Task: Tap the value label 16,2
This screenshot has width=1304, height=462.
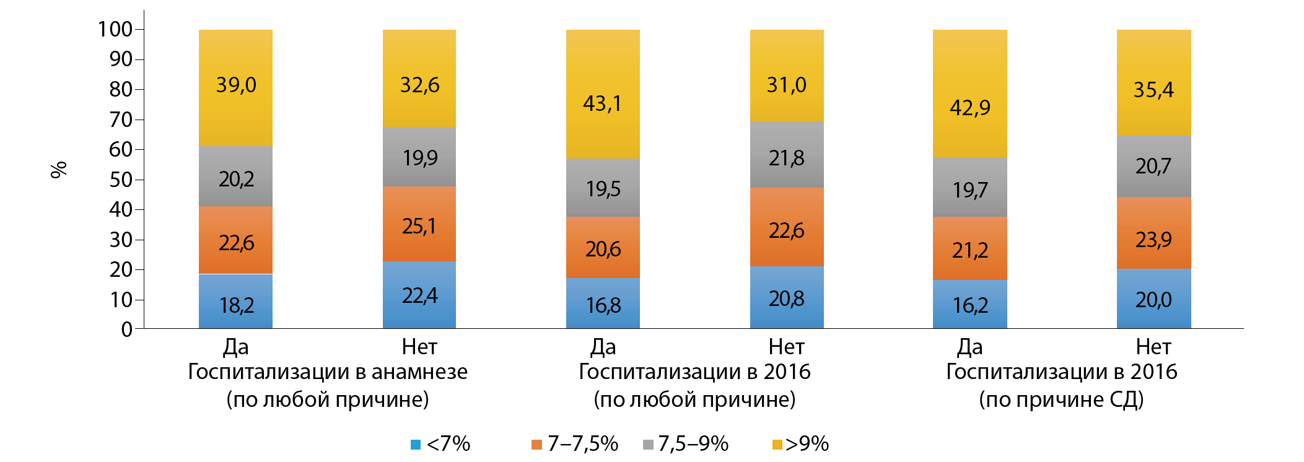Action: point(969,305)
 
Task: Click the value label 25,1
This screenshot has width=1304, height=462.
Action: point(419,226)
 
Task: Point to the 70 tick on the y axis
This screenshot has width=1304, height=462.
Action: point(139,120)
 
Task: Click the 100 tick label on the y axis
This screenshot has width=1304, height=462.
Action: point(115,29)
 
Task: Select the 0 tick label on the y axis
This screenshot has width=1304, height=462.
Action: point(127,329)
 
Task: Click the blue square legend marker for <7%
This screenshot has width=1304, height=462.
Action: point(416,445)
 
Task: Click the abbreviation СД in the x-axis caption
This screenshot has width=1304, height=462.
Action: point(1126,399)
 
